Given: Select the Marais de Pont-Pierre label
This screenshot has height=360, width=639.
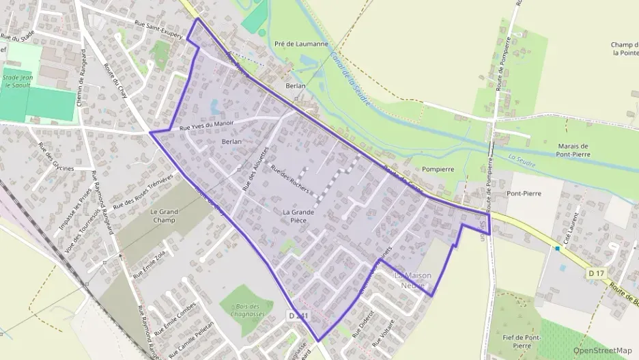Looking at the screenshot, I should [x=573, y=150].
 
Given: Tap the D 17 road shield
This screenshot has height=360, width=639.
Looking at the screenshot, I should [x=596, y=273].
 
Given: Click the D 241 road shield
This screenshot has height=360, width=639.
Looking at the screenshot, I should [x=298, y=316].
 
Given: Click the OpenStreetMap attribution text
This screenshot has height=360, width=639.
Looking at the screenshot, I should [x=602, y=350].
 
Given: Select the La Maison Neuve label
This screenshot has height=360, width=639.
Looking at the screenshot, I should [x=412, y=279].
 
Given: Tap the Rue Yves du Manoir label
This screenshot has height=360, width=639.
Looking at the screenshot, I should [x=206, y=126].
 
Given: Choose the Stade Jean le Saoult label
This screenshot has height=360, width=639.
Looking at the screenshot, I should [x=18, y=81].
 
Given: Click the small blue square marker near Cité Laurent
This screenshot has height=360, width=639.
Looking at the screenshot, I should [x=558, y=249].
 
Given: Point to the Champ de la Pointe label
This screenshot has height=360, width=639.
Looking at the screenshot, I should [x=624, y=49].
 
